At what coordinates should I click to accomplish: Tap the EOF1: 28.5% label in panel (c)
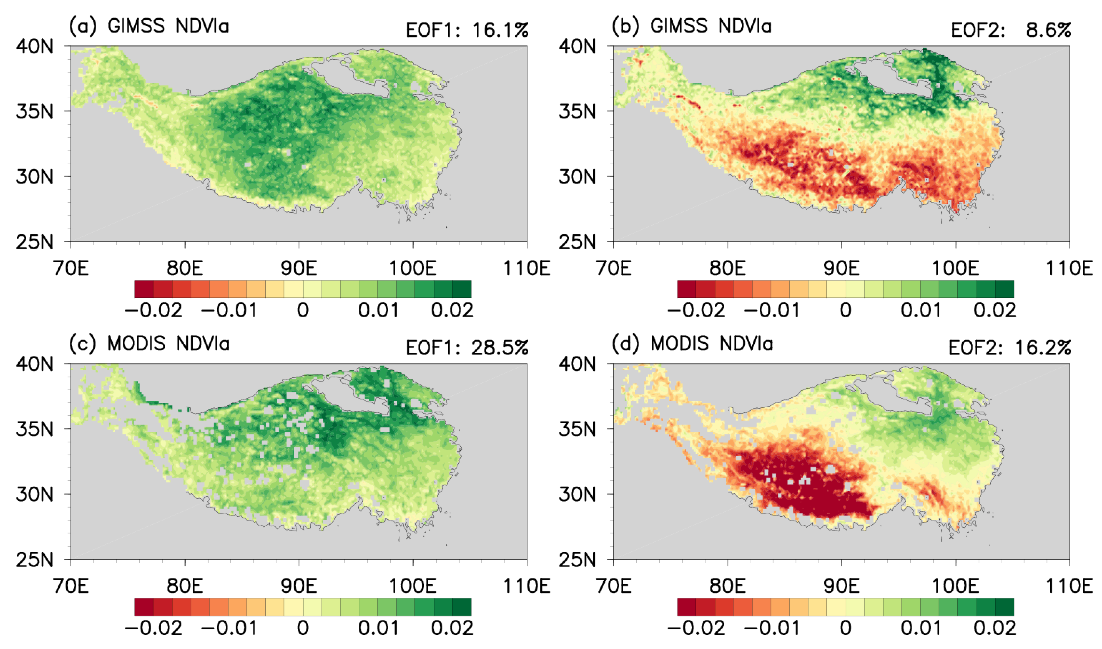(x=467, y=348)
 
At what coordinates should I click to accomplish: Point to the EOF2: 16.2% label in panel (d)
(x=1010, y=348)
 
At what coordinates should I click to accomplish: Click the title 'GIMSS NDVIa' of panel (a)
(x=168, y=26)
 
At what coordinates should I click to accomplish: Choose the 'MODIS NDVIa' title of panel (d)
(x=712, y=344)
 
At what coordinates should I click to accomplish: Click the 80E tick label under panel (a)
(x=185, y=268)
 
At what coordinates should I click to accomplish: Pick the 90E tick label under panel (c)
(x=299, y=585)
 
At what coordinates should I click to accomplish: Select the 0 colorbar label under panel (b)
(x=845, y=311)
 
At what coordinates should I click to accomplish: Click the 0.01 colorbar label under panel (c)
(x=378, y=628)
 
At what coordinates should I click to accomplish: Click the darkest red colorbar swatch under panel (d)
(x=687, y=607)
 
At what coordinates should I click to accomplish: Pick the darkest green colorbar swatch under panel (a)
(x=462, y=289)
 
